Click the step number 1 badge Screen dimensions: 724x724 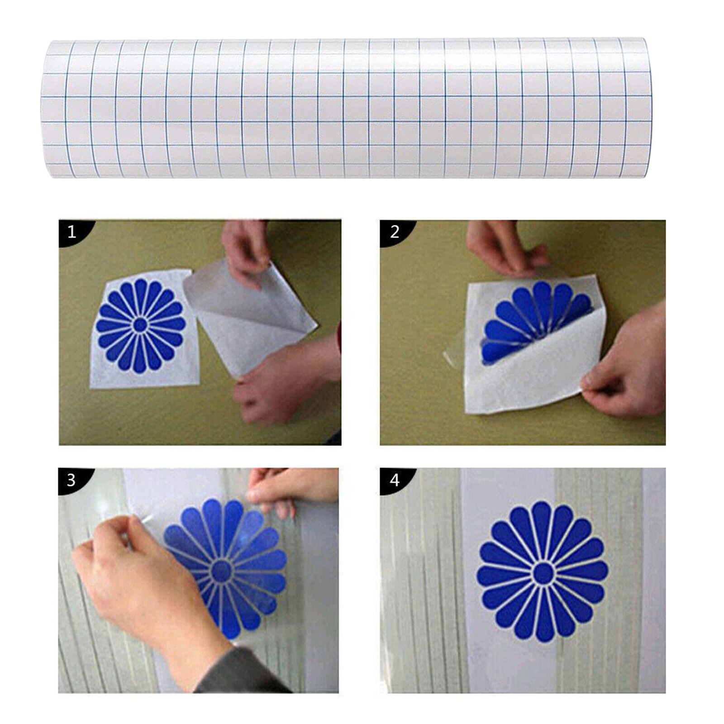click(x=71, y=232)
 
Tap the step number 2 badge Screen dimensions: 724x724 click(x=394, y=232)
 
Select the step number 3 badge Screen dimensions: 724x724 click(x=71, y=480)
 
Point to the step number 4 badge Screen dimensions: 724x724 click(x=394, y=480)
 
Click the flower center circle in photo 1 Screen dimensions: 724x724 click(x=140, y=325)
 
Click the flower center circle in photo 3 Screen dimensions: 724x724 click(x=222, y=571)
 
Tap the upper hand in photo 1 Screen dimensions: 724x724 click(x=247, y=251)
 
